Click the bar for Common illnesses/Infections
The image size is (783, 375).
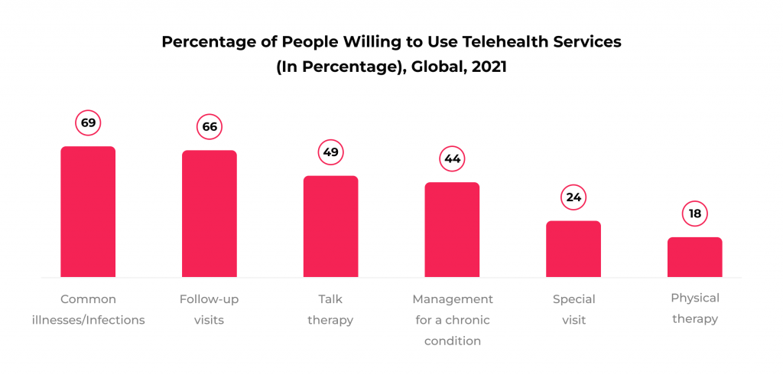pos(88,211)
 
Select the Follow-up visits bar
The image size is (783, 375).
pos(209,214)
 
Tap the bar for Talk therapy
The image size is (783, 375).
pos(330,227)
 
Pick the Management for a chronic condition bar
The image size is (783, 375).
pos(452,230)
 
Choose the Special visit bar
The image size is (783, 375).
pos(573,249)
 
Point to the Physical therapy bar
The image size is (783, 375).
pos(694,257)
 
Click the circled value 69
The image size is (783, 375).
pos(88,122)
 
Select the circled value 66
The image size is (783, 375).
pos(209,126)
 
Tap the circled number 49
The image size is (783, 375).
pos(330,152)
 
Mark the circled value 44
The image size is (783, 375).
pos(452,159)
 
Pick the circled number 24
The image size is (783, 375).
pos(573,197)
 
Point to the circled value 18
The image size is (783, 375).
pos(694,214)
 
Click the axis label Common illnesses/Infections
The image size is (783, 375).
pos(88,309)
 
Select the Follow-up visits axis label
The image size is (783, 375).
pos(209,309)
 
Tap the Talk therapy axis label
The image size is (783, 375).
pos(330,309)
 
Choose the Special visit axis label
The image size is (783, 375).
pos(573,309)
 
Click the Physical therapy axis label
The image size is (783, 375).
pos(694,308)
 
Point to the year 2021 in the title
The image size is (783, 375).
pos(489,67)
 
